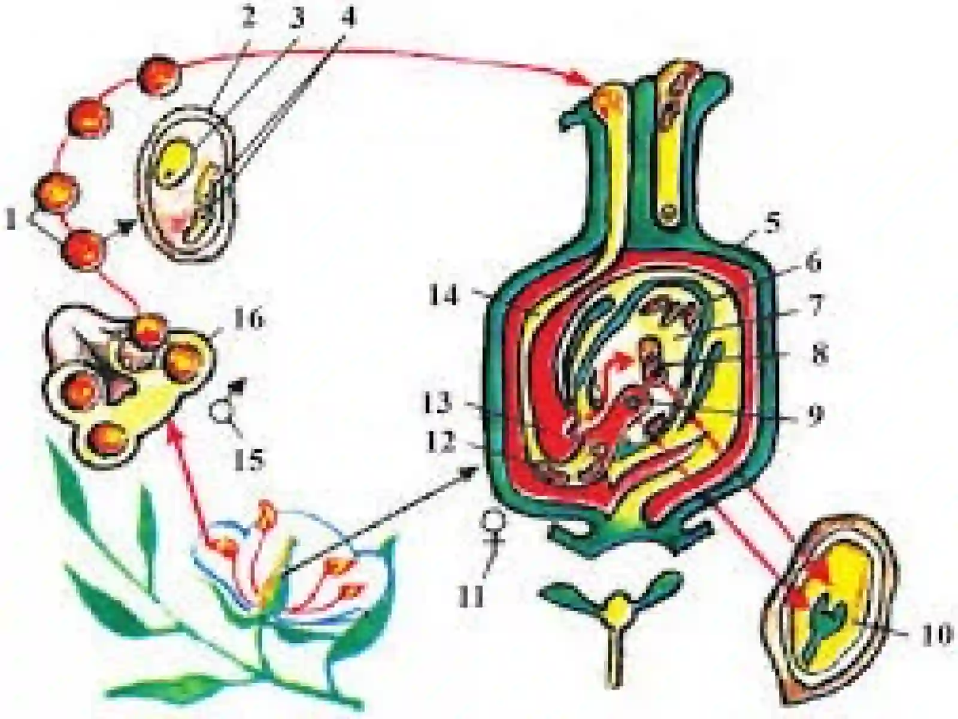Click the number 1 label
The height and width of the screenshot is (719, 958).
coord(16,219)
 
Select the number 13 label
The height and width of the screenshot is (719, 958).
coord(437,404)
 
